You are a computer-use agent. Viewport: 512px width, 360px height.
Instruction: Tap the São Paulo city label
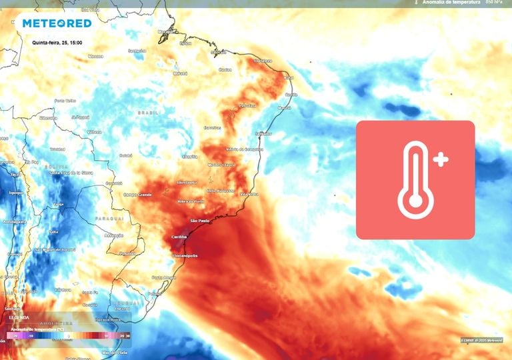(200, 221)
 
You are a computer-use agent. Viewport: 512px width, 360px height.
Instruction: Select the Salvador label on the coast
(264, 133)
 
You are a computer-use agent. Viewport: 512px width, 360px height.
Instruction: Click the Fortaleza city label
(263, 61)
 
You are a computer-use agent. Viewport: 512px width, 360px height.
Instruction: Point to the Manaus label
(96, 56)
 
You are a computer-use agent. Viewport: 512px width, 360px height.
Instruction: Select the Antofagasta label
(14, 221)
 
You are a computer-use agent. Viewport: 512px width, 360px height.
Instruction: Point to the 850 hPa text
(494, 3)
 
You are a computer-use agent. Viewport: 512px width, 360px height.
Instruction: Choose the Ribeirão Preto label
(191, 201)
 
